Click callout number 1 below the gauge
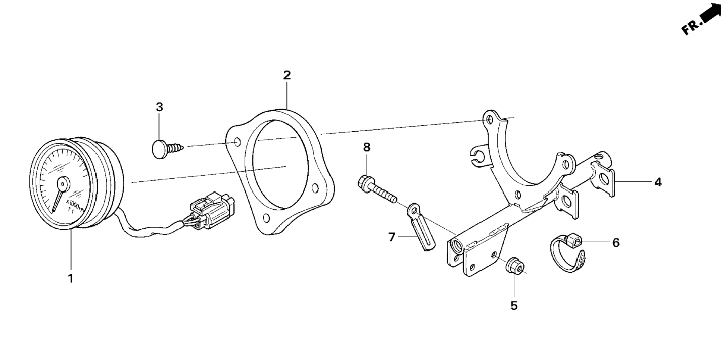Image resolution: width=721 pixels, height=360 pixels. click(x=70, y=278)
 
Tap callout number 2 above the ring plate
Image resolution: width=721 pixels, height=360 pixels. click(x=286, y=75)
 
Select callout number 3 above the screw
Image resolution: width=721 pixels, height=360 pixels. click(x=159, y=107)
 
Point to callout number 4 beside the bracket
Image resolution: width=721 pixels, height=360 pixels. click(x=658, y=182)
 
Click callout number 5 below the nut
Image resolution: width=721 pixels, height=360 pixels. click(x=514, y=306)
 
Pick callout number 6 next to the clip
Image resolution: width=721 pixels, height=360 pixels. click(x=616, y=243)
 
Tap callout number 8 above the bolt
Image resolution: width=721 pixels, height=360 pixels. click(x=367, y=147)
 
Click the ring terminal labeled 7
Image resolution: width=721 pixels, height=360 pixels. click(x=420, y=228)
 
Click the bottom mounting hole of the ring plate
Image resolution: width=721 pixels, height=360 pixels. click(x=266, y=219)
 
